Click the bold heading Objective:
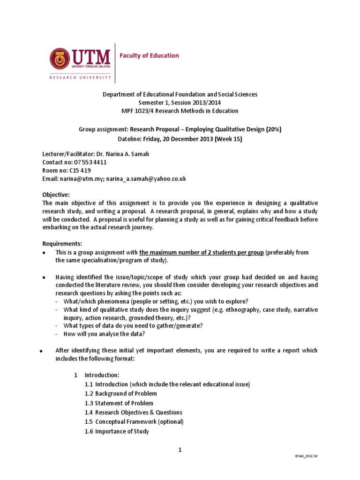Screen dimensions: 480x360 point(56,195)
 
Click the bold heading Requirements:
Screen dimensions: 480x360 point(62,243)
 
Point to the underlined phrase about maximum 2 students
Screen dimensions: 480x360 point(202,252)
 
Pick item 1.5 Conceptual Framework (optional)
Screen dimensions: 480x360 point(134,421)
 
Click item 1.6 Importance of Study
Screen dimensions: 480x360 point(117,431)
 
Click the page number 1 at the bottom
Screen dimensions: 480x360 point(180,450)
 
